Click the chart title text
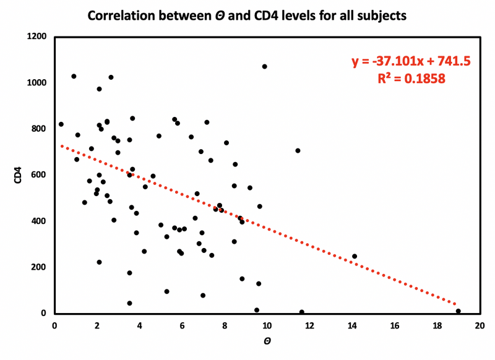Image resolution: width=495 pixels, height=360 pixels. (247, 15)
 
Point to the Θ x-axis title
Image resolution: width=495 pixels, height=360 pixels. (267, 341)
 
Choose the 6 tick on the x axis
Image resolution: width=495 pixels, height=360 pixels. (182, 324)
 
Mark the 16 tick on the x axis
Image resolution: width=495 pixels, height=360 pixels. (394, 324)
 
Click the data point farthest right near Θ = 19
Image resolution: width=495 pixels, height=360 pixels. (458, 311)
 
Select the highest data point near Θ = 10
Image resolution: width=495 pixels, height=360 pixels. (265, 66)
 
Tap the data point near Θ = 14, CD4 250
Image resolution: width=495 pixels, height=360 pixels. (355, 256)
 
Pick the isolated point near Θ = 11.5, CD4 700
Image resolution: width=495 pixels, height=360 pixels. (298, 150)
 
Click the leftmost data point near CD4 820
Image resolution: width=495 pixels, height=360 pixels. (61, 124)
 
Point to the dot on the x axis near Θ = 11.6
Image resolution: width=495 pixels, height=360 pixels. (301, 312)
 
